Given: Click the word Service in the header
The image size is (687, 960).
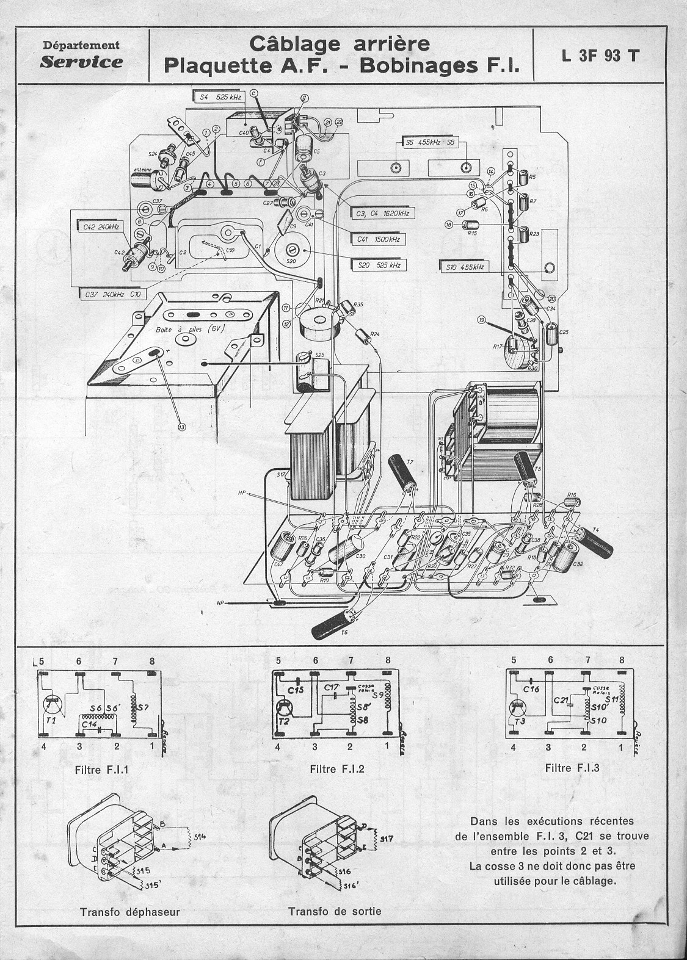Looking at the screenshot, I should tap(81, 62).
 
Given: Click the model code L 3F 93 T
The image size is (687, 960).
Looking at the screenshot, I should tap(601, 56).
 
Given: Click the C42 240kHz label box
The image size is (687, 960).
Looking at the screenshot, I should tap(100, 226).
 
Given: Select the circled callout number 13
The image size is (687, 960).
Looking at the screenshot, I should tap(181, 427).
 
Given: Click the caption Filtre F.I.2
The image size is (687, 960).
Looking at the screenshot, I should tap(336, 769).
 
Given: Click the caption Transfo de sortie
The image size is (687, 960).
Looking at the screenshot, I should tap(335, 911).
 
